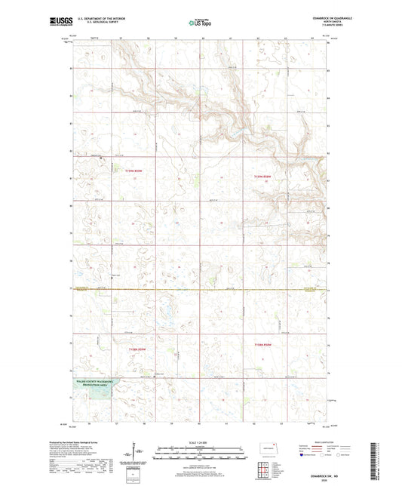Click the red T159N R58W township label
tap(261, 177)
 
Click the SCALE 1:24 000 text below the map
tap(201, 443)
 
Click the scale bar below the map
tap(201, 454)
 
